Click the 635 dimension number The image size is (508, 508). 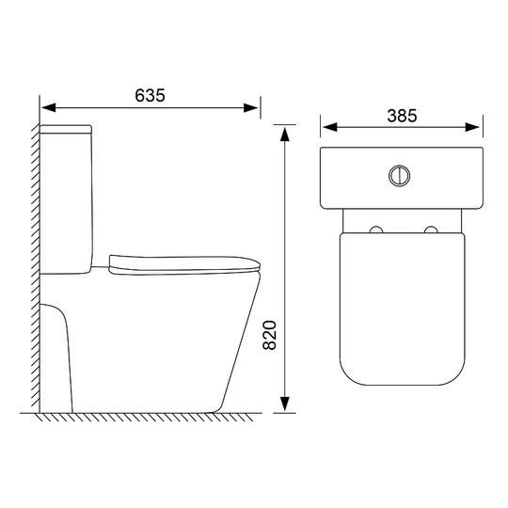(150, 95)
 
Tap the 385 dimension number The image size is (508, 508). (402, 116)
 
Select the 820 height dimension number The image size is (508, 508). (269, 335)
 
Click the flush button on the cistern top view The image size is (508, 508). (400, 176)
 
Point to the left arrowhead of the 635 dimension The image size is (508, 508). (49, 108)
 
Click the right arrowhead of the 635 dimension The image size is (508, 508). (251, 108)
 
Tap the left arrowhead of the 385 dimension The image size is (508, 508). (330, 127)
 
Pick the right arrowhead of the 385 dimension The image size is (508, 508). (472, 127)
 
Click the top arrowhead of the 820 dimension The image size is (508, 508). (284, 135)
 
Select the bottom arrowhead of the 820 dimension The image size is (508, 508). (284, 404)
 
